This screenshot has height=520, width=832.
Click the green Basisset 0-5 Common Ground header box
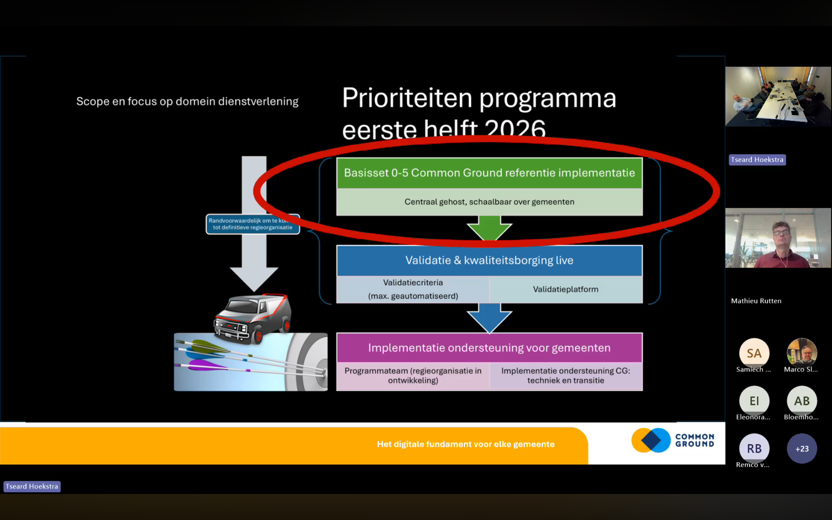click(489, 173)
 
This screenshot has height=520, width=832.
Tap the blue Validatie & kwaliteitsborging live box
click(489, 260)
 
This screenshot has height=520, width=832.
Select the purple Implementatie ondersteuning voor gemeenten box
click(489, 348)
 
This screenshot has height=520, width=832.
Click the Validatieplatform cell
click(566, 289)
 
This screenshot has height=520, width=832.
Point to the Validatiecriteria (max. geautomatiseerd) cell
click(413, 289)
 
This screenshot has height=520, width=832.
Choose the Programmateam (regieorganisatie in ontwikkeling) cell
click(413, 376)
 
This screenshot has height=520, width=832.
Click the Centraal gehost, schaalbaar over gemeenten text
click(489, 202)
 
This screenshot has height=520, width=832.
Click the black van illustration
click(253, 318)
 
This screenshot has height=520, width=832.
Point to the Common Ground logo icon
click(651, 440)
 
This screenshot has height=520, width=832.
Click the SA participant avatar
click(754, 353)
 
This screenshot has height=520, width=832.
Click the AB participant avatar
click(802, 401)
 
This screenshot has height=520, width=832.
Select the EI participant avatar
click(754, 401)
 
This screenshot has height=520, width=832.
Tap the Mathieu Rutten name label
click(756, 301)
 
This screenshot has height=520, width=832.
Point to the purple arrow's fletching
click(203, 365)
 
